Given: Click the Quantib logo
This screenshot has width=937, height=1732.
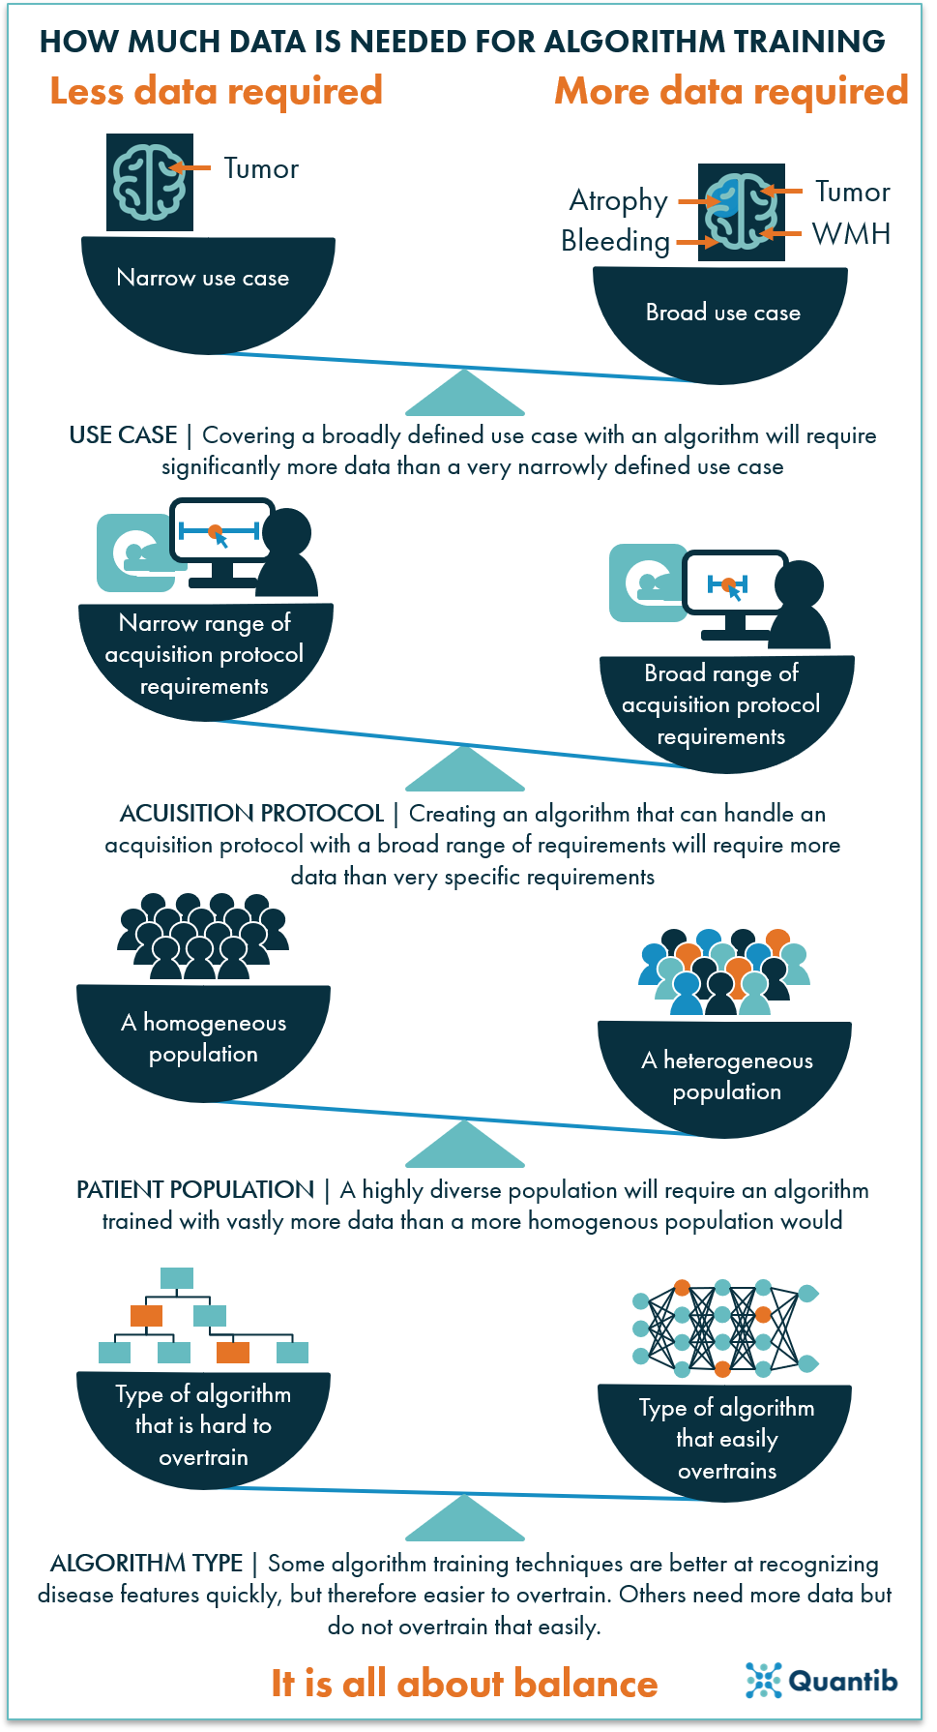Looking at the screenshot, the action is tap(821, 1681).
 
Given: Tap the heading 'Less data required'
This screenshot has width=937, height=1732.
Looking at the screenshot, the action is tap(217, 92).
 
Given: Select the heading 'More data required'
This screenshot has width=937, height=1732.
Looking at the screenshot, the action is tap(731, 92).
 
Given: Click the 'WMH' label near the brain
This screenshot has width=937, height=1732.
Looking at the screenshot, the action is tap(851, 233).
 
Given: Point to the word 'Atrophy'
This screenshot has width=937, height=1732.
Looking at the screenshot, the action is tap(619, 201).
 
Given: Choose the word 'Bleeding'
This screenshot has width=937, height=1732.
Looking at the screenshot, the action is tap(616, 241).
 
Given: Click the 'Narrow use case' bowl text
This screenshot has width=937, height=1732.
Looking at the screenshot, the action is tap(203, 278).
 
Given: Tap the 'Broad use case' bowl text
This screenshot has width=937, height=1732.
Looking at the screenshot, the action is tap(723, 313).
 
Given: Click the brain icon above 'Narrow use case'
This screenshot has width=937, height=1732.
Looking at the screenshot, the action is tap(150, 182).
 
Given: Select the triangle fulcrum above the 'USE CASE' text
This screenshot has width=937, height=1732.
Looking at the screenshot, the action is tap(465, 393).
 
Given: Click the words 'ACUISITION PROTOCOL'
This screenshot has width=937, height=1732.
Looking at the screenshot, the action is tap(252, 813).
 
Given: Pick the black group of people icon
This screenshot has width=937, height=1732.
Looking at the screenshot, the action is tap(203, 936).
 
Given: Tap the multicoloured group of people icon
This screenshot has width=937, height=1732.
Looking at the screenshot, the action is tap(724, 971).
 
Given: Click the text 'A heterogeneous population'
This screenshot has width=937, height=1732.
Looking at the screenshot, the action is tap(727, 1076).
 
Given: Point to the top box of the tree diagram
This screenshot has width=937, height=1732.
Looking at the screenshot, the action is tap(177, 1277).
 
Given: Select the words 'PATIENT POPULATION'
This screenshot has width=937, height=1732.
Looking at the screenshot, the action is tap(195, 1189).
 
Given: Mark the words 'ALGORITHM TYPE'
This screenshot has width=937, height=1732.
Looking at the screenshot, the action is tap(146, 1563).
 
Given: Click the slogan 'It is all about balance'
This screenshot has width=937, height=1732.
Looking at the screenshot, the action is tap(464, 1684).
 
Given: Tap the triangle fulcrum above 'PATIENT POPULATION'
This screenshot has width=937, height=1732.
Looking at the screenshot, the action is tap(465, 1144).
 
